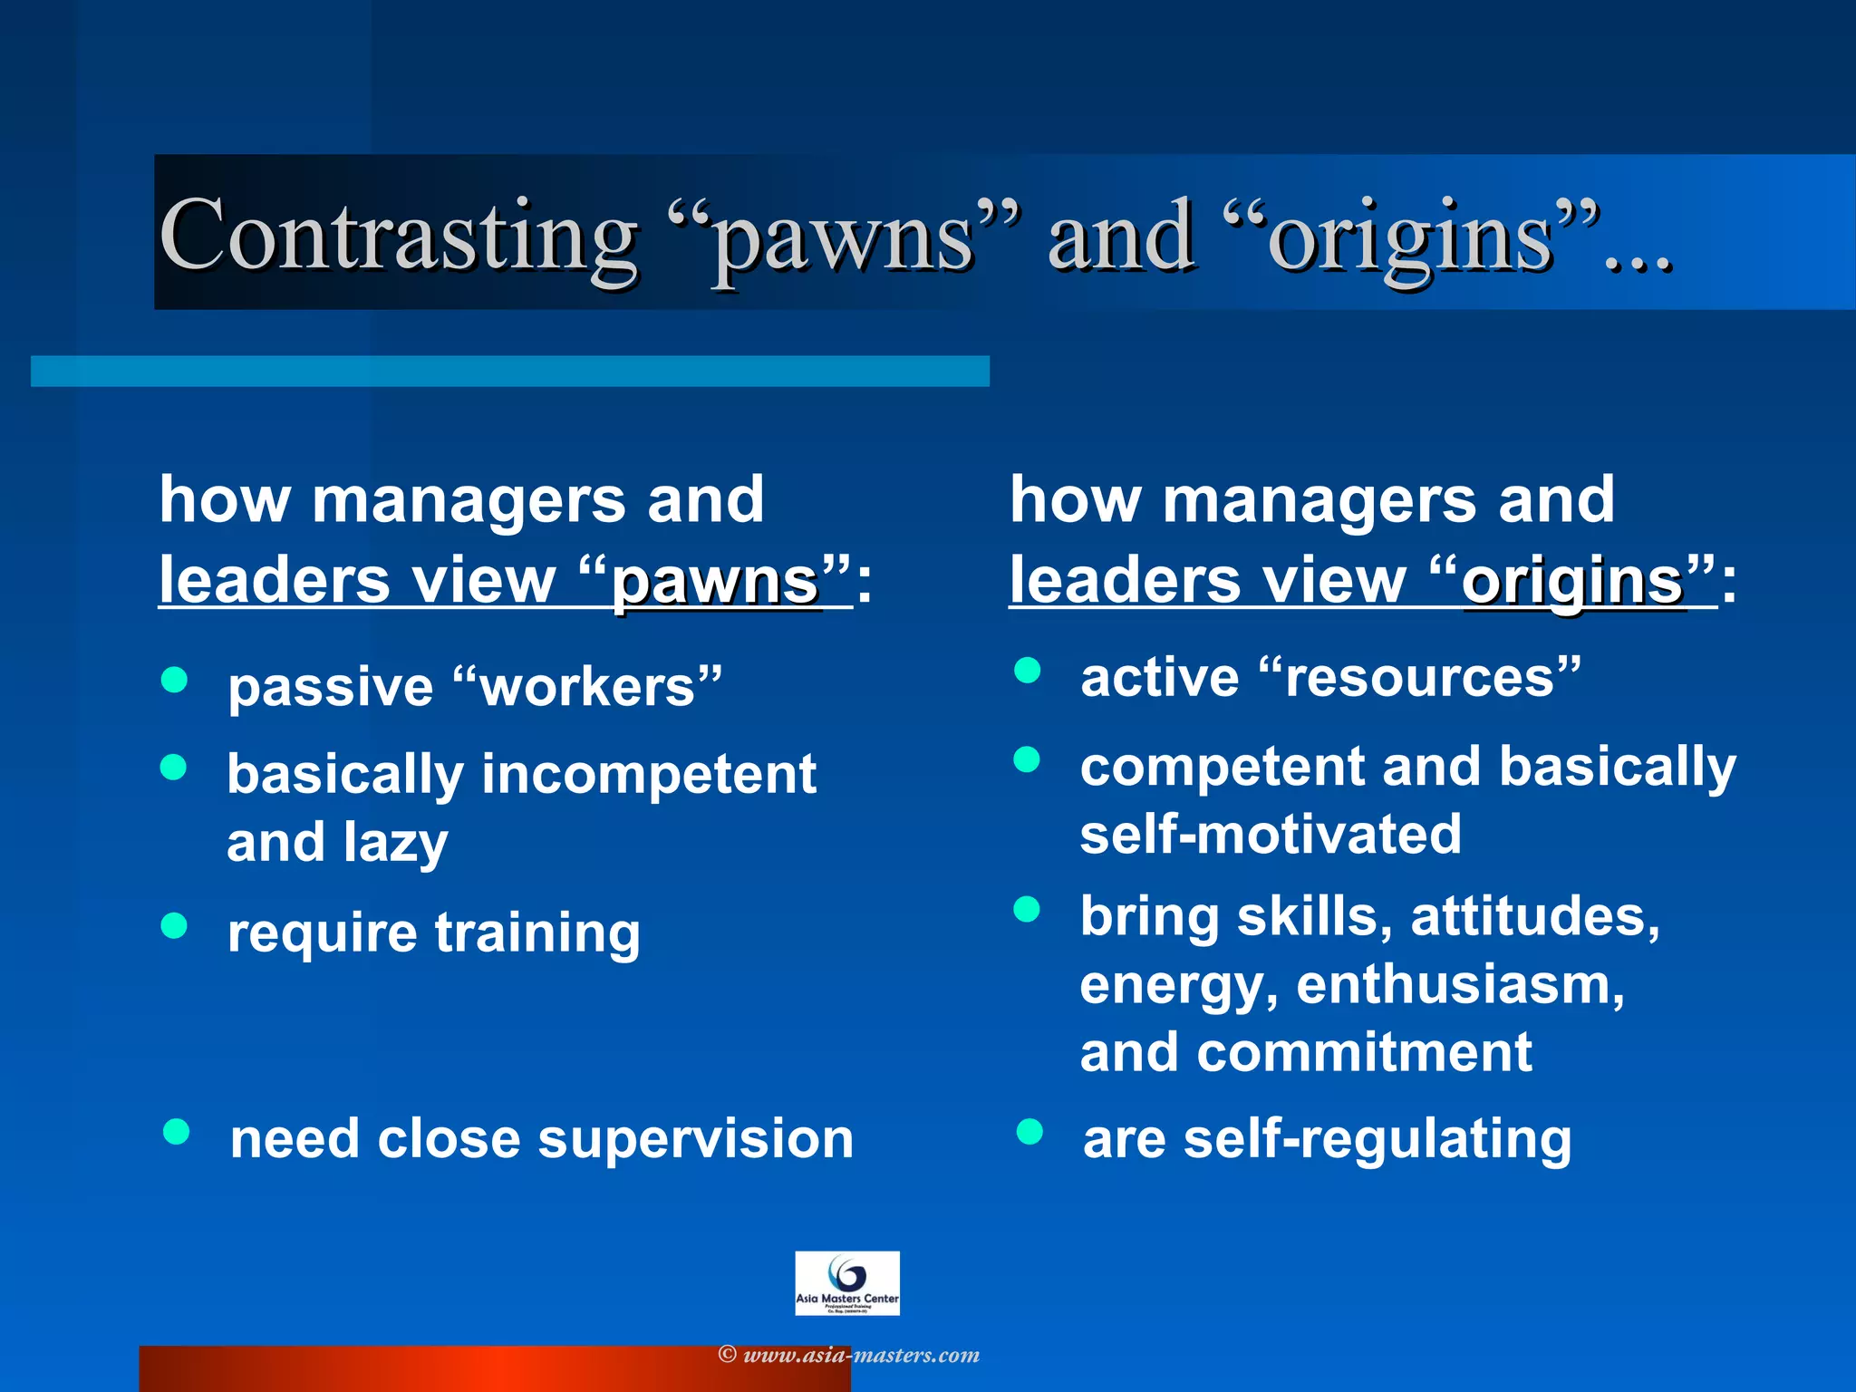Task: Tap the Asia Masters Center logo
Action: (846, 1283)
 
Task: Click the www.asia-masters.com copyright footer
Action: (849, 1355)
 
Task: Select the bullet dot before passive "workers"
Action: (174, 680)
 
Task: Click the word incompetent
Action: (648, 774)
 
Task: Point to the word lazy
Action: (395, 843)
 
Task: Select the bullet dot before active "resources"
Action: (1027, 671)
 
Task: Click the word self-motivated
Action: (1271, 835)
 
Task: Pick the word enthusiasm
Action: (1459, 985)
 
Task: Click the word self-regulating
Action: (1377, 1139)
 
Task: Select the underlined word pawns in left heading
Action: (716, 582)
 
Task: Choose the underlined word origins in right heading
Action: (1572, 582)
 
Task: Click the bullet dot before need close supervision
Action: (176, 1131)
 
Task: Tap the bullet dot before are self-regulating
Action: (1029, 1131)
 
